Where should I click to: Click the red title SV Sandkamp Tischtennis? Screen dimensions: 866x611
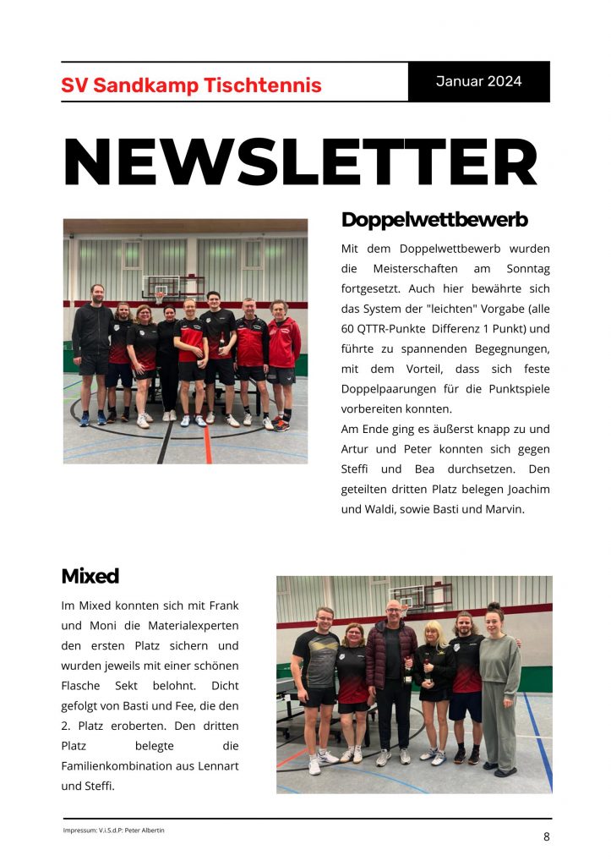(x=191, y=85)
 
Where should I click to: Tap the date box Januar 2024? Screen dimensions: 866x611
(x=478, y=82)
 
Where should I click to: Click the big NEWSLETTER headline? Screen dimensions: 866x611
(x=301, y=162)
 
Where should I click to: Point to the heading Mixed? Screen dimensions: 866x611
(x=90, y=577)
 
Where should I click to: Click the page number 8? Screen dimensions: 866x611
(x=546, y=836)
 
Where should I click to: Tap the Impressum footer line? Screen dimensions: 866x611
(x=113, y=830)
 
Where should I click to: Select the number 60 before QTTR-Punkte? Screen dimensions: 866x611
(x=348, y=328)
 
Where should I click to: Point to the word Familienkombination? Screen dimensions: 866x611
(x=106, y=766)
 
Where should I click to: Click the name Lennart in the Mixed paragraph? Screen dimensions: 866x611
(x=217, y=766)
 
